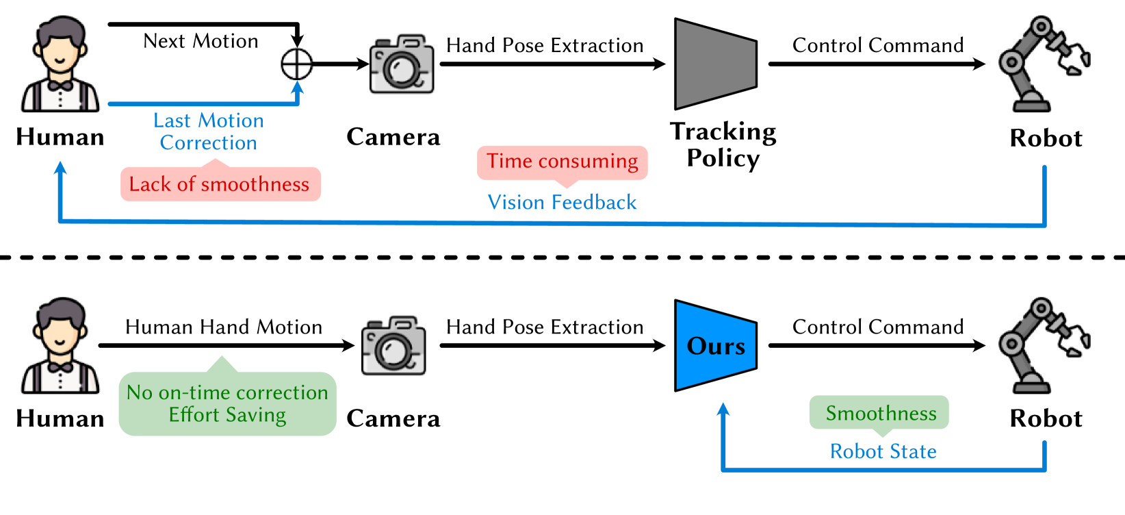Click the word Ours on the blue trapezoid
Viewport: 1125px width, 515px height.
pyautogui.click(x=715, y=346)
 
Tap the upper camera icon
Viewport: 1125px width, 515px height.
pyautogui.click(x=402, y=65)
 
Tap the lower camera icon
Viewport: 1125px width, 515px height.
pyautogui.click(x=393, y=347)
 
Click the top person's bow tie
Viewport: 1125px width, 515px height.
pyautogui.click(x=60, y=86)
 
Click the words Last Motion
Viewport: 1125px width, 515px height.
pyautogui.click(x=208, y=121)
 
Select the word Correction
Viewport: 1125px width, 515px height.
pyautogui.click(x=208, y=143)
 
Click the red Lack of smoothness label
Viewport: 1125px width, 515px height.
pyautogui.click(x=220, y=184)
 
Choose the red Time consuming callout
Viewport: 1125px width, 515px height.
pyautogui.click(x=562, y=162)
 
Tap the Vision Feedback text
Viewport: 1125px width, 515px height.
pyautogui.click(x=562, y=203)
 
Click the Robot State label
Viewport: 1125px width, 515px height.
pyautogui.click(x=883, y=451)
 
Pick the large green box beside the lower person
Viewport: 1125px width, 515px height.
pyautogui.click(x=227, y=403)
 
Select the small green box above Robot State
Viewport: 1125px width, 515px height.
pyautogui.click(x=879, y=412)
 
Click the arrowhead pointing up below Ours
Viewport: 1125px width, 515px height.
pyautogui.click(x=723, y=410)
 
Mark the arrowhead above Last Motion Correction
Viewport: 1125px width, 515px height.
pyautogui.click(x=297, y=88)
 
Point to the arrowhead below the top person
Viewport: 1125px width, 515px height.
pyautogui.click(x=60, y=167)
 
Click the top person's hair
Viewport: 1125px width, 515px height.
pyautogui.click(x=60, y=31)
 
